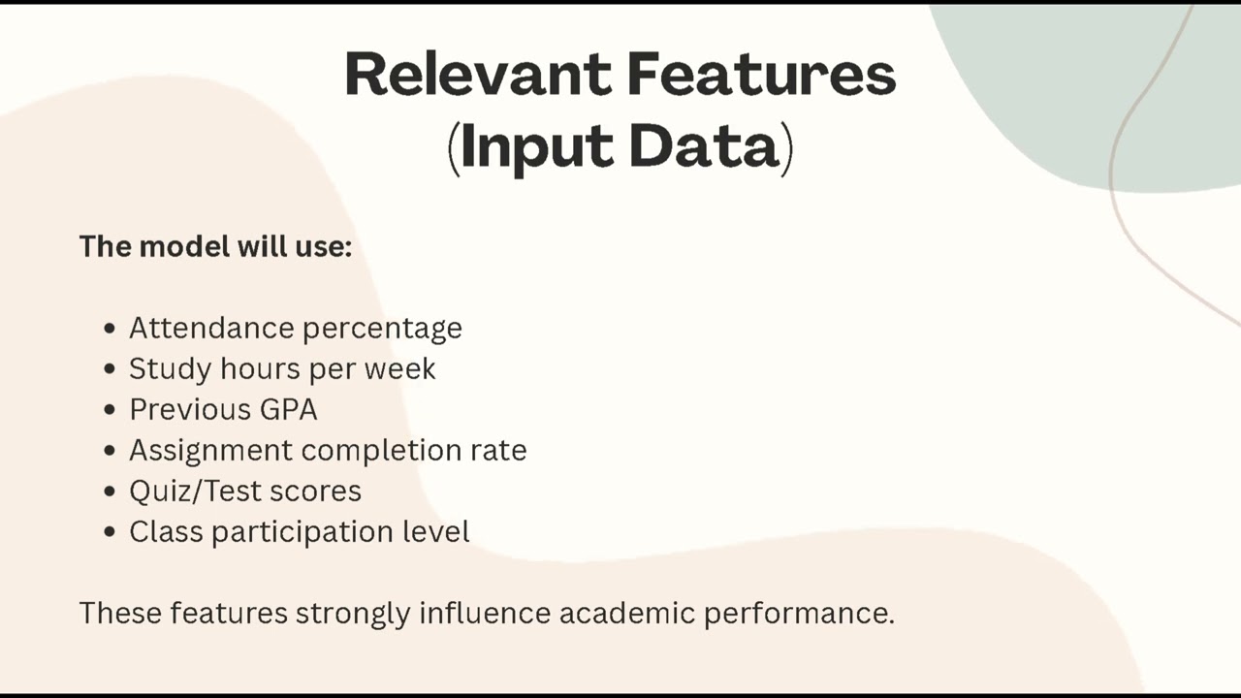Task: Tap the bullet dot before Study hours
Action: (110, 369)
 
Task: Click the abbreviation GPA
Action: (288, 409)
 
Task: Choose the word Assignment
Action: (210, 451)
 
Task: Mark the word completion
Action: (380, 451)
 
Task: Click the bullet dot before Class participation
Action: (110, 532)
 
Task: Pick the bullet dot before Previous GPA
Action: (110, 410)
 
